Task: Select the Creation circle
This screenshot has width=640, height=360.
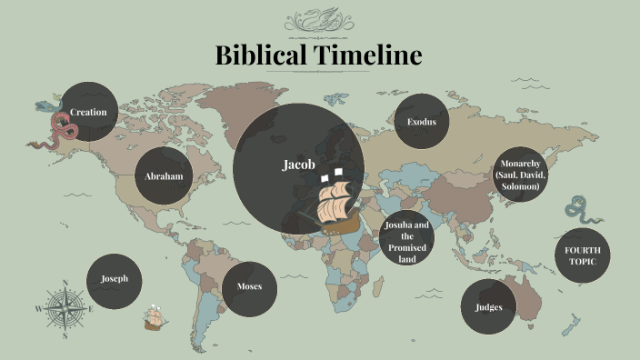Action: (x=89, y=112)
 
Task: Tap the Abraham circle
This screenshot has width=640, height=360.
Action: (x=165, y=176)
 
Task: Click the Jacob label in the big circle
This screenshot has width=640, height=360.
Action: (x=298, y=165)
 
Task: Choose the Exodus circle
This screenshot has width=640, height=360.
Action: (x=422, y=122)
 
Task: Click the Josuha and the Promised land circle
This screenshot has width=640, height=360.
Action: (x=406, y=241)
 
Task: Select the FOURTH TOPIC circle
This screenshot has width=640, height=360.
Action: (x=582, y=256)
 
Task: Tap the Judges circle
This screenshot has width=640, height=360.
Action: (x=488, y=306)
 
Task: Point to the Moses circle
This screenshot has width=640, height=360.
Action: (x=250, y=287)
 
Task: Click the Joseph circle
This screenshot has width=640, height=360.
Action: (x=115, y=279)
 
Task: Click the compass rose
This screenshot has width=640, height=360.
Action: (x=65, y=309)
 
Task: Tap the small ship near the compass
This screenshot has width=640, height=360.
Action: (x=154, y=318)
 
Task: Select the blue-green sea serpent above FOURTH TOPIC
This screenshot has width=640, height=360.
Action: (x=578, y=210)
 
